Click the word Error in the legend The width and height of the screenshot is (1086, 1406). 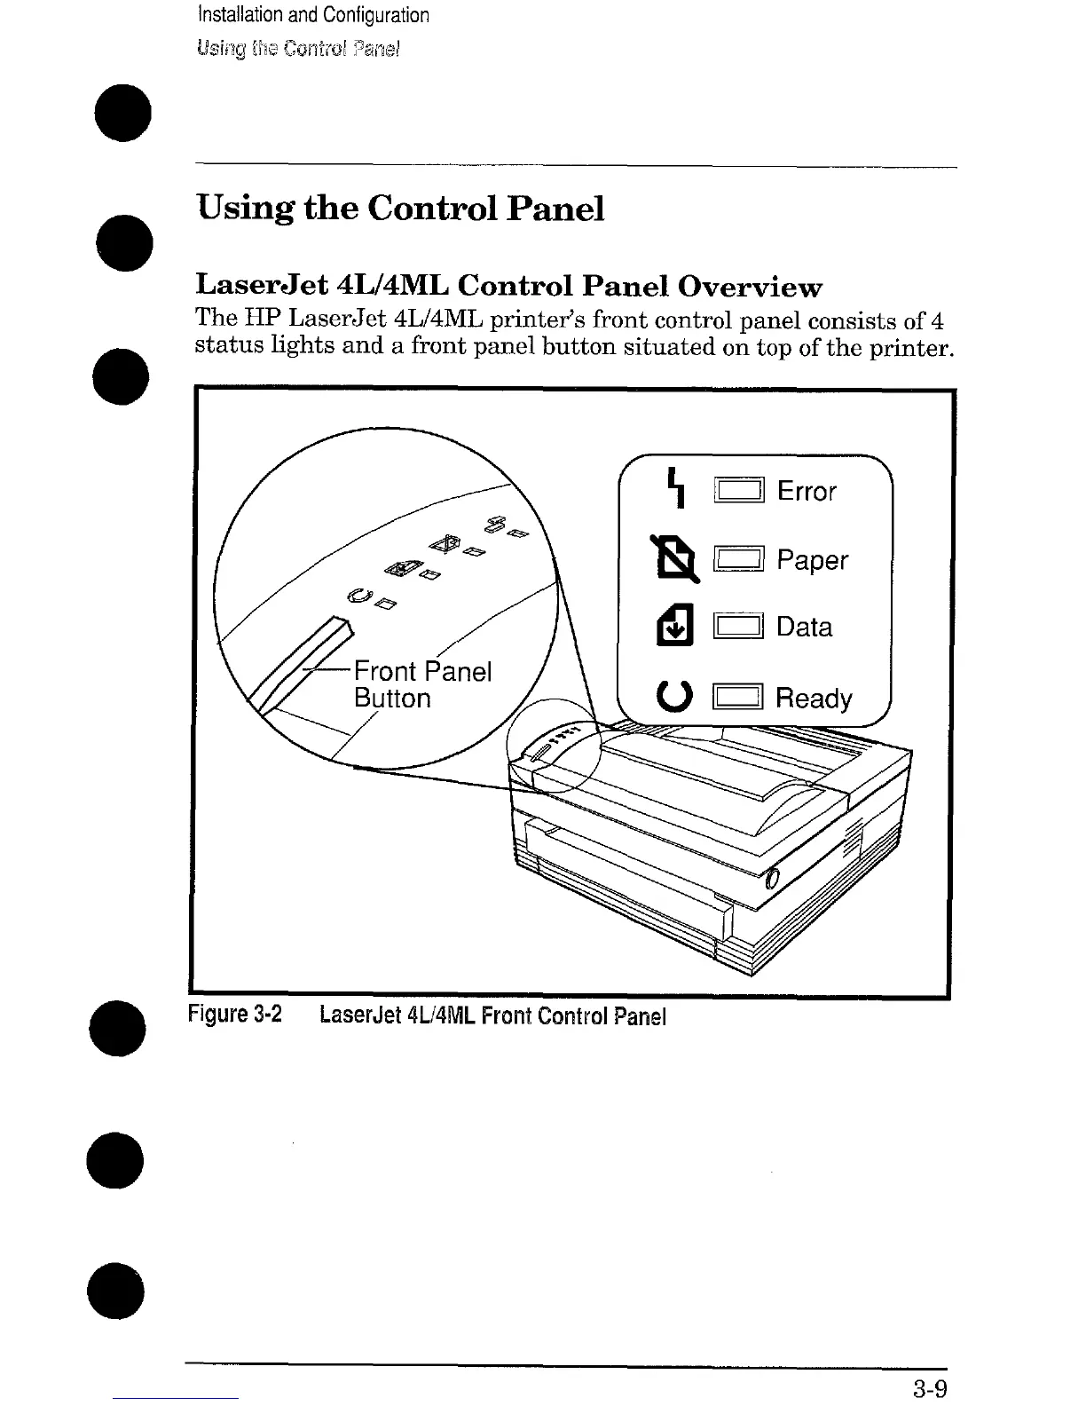pyautogui.click(x=806, y=491)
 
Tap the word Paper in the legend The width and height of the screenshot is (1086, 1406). pyautogui.click(x=812, y=560)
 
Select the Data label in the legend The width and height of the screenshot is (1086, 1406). pyautogui.click(x=804, y=627)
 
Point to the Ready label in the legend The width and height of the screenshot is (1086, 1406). pyautogui.click(x=813, y=699)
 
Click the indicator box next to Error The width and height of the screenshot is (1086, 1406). pyautogui.click(x=738, y=491)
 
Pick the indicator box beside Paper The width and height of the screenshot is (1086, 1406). pyautogui.click(x=738, y=559)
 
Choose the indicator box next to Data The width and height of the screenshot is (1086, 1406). pyautogui.click(x=738, y=627)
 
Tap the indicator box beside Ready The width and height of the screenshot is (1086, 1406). pyautogui.click(x=738, y=698)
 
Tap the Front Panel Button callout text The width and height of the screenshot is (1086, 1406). pyautogui.click(x=421, y=684)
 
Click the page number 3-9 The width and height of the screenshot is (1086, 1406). pyautogui.click(x=927, y=1388)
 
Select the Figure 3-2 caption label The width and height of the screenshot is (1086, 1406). pyautogui.click(x=235, y=1015)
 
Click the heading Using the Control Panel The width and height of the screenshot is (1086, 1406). pyautogui.click(x=400, y=209)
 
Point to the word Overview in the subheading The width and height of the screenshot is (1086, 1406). pyautogui.click(x=750, y=287)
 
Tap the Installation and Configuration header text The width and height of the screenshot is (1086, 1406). pyautogui.click(x=313, y=15)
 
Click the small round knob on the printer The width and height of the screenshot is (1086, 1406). pyautogui.click(x=770, y=879)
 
